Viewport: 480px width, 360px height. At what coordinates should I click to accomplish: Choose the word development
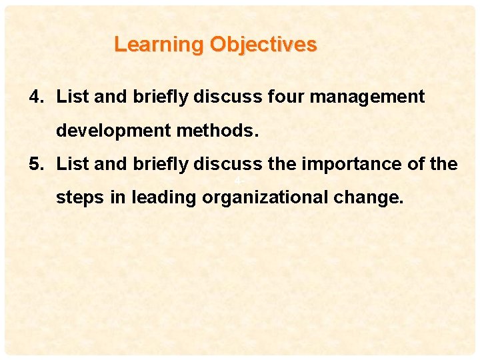click(114, 131)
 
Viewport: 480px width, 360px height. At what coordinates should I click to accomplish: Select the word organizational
click(270, 198)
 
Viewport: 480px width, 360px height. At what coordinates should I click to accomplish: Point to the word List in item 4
click(69, 97)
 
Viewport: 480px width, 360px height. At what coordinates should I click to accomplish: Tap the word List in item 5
click(69, 164)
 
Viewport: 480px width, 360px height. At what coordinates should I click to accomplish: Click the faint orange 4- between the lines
click(237, 181)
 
